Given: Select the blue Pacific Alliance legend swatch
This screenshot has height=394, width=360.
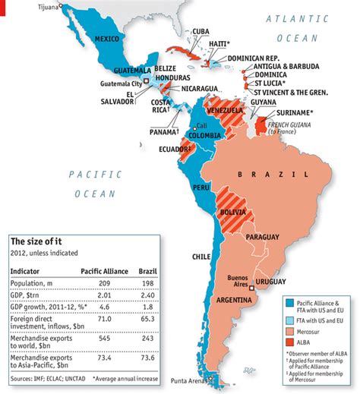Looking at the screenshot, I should click(289, 304).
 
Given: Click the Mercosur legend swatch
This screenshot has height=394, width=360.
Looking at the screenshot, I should click(289, 333).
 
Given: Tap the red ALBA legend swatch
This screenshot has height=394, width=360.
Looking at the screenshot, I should click(289, 343).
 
